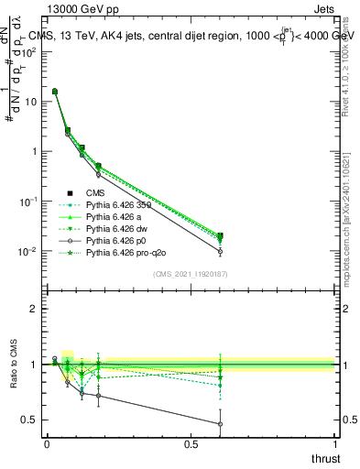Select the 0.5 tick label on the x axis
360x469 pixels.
(191, 444)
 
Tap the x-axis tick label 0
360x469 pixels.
(47, 444)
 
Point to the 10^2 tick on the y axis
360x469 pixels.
(29, 51)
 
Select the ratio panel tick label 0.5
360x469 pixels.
(31, 420)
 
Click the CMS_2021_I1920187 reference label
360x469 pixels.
(190, 274)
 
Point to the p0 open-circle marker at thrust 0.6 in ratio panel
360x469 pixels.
(220, 424)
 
